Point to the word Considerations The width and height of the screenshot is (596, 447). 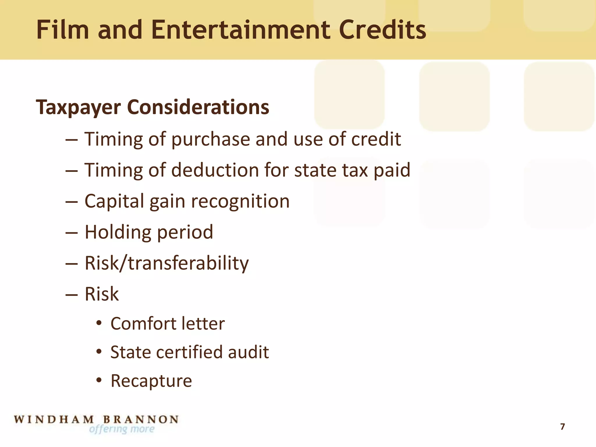(x=198, y=107)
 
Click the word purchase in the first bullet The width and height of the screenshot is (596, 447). (x=210, y=139)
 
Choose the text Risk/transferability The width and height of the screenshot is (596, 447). (x=167, y=263)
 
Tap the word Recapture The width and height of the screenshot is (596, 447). (x=151, y=381)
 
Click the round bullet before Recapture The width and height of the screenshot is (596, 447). (x=99, y=380)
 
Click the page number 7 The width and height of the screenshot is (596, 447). (x=562, y=427)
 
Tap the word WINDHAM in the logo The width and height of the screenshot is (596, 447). (x=54, y=419)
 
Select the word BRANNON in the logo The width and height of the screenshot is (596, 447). (x=141, y=419)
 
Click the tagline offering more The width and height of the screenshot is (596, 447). (x=122, y=429)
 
